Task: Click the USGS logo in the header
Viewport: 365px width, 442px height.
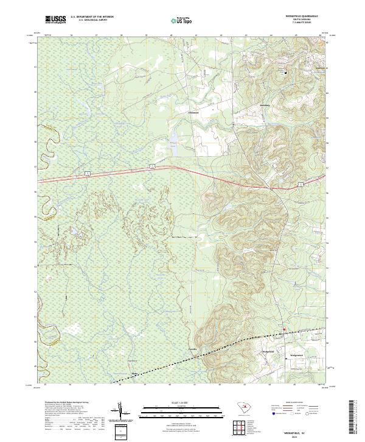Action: click(x=55, y=20)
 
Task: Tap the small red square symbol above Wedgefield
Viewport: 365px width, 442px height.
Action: click(x=283, y=331)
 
